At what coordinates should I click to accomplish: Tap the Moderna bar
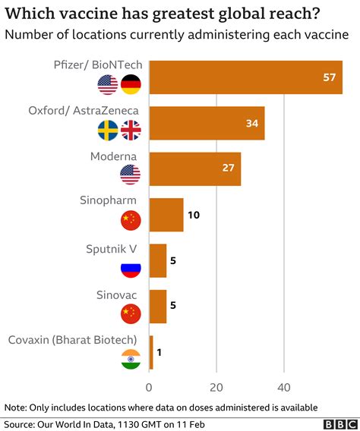[194, 168]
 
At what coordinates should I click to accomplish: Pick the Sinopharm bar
[166, 215]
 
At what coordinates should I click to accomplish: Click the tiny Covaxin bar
[151, 352]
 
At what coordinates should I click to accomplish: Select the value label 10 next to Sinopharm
[194, 215]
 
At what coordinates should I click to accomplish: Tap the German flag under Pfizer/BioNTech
[131, 84]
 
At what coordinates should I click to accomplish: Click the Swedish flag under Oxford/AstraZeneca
[106, 131]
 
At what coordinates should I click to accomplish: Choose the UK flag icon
[131, 131]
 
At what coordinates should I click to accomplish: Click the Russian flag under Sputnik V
[131, 268]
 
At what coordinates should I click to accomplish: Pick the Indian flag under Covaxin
[131, 360]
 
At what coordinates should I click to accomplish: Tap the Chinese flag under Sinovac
[131, 313]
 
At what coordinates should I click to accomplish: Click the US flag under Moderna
[131, 176]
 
